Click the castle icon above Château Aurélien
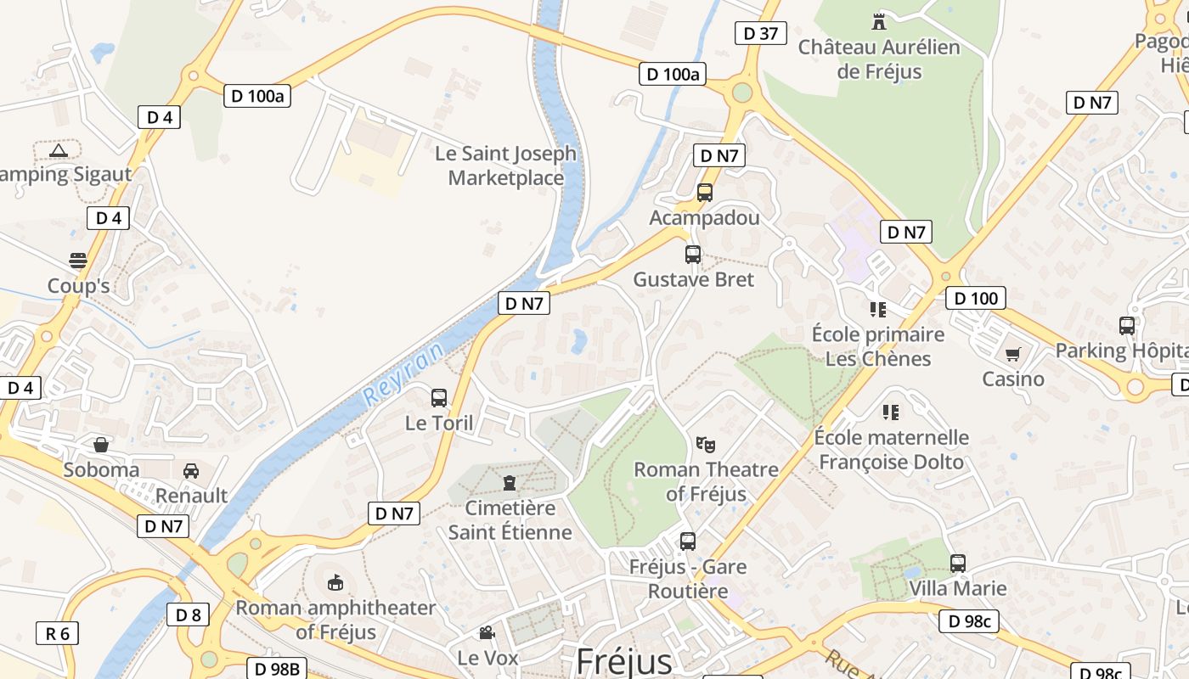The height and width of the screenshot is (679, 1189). (879, 21)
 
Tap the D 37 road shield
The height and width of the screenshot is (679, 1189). (760, 33)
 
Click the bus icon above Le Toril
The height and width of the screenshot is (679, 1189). (439, 397)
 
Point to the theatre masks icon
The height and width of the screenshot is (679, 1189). (706, 444)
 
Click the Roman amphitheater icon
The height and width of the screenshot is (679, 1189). (335, 582)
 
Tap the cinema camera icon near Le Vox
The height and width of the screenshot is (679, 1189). (487, 632)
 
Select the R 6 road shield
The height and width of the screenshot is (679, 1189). (58, 632)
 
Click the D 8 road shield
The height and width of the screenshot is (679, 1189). (188, 614)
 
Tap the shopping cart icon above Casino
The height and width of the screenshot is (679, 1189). (1012, 353)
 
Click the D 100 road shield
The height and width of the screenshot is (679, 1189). (976, 298)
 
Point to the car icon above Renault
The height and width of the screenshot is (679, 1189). (191, 470)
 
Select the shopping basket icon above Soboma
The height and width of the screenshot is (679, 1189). (101, 444)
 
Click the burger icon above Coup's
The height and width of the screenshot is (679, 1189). (78, 260)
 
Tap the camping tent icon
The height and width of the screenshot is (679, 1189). (58, 151)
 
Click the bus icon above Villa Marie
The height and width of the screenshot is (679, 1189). (958, 563)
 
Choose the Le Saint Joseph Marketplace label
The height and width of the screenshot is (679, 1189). (505, 166)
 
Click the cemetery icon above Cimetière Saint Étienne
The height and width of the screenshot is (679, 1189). (510, 483)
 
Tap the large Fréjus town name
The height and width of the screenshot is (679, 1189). (623, 661)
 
